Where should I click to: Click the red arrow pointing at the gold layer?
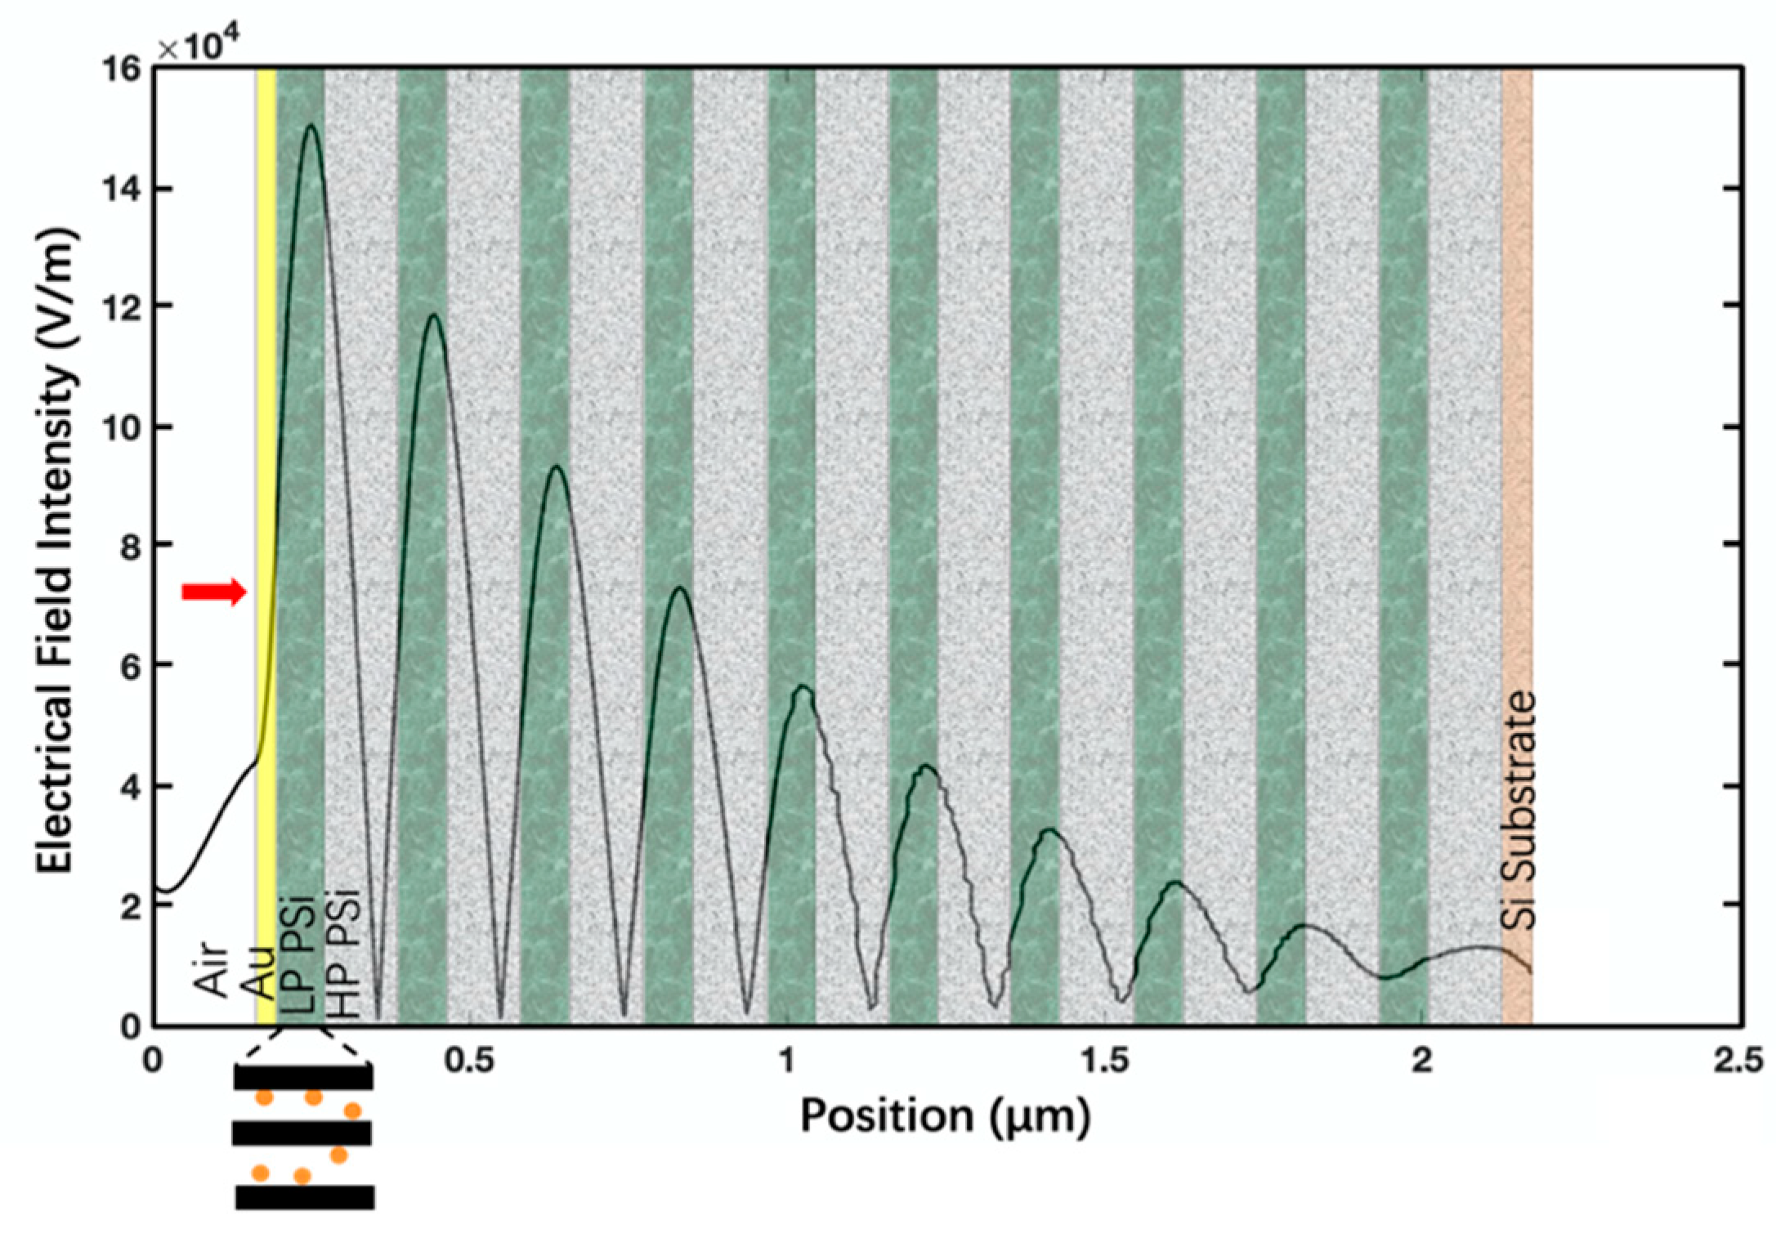tap(213, 592)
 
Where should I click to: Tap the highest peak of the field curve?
tap(311, 126)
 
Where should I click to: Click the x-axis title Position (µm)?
tap(945, 1116)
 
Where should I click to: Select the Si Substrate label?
tap(1519, 810)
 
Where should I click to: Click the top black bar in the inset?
tap(303, 1076)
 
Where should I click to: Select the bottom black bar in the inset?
tap(305, 1197)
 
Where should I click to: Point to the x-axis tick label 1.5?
tap(1104, 1061)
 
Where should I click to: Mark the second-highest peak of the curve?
tap(434, 315)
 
